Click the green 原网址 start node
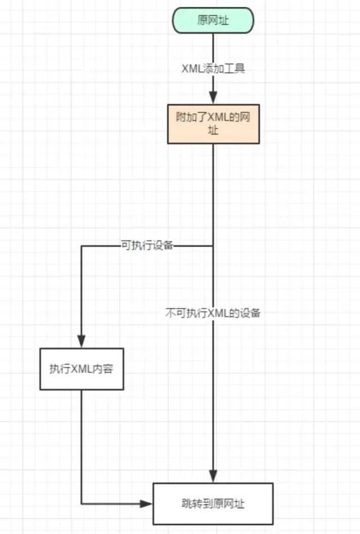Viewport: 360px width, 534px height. click(213, 20)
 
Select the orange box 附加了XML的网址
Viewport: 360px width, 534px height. click(213, 124)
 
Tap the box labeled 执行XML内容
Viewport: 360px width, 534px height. click(82, 369)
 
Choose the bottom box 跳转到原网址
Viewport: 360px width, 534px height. click(213, 504)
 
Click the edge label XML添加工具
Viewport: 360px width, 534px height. click(213, 69)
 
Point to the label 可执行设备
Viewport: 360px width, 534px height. click(147, 245)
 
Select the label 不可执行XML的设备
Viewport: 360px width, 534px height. click(213, 313)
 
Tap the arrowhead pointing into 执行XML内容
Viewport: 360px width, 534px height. click(82, 341)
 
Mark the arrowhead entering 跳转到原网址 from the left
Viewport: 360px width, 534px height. click(146, 504)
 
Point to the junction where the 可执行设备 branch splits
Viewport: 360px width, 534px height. click(213, 246)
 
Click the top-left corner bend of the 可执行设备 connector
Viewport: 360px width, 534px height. click(82, 246)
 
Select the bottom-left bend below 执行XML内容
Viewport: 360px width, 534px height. click(82, 504)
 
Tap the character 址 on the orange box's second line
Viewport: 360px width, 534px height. click(213, 130)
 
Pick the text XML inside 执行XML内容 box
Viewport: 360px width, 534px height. click(81, 369)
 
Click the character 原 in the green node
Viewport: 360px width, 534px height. click(202, 20)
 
